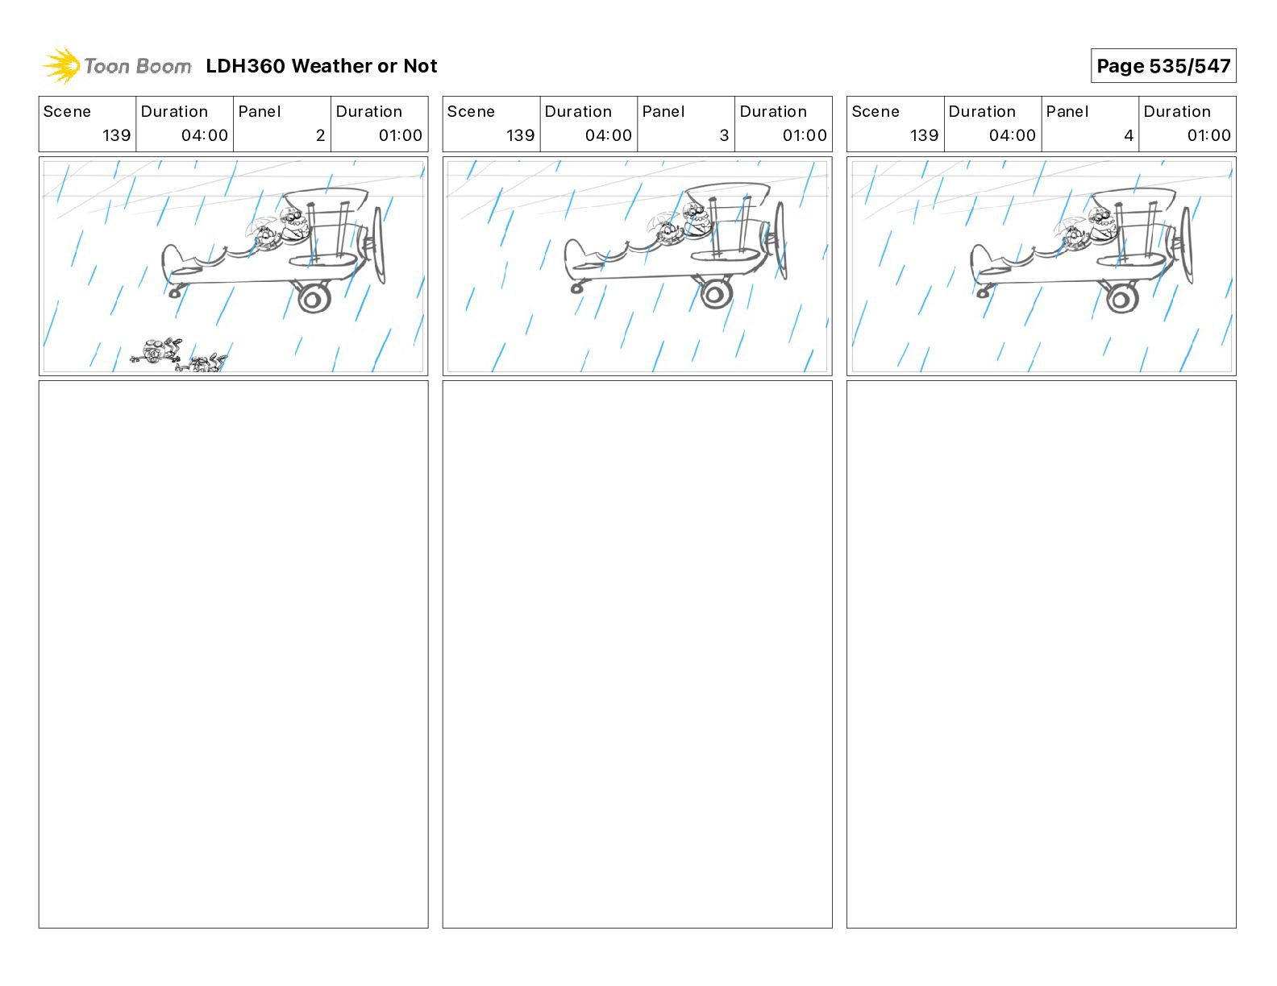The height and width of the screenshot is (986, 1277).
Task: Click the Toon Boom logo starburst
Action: [x=61, y=65]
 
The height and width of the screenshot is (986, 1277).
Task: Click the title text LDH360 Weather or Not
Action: [x=322, y=66]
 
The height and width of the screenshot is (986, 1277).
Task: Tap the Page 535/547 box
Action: [x=1163, y=66]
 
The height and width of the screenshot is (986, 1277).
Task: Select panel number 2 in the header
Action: [x=320, y=135]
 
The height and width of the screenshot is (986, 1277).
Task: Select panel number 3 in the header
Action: [x=724, y=135]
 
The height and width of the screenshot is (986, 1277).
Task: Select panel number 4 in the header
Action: [x=1129, y=135]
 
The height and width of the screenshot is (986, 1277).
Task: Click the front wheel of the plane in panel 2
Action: [x=314, y=298]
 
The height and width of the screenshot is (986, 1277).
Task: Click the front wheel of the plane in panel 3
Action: [x=716, y=294]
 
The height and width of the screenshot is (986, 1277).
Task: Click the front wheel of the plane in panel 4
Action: [x=1122, y=298]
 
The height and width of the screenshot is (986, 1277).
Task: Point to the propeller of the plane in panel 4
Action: [x=1187, y=245]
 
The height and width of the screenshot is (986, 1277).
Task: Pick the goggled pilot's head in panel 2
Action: [x=293, y=219]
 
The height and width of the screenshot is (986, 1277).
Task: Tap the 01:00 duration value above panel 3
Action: [x=805, y=135]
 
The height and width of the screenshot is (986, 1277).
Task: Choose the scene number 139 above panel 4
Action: [x=924, y=135]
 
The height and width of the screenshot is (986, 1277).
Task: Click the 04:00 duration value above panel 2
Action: [x=205, y=135]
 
